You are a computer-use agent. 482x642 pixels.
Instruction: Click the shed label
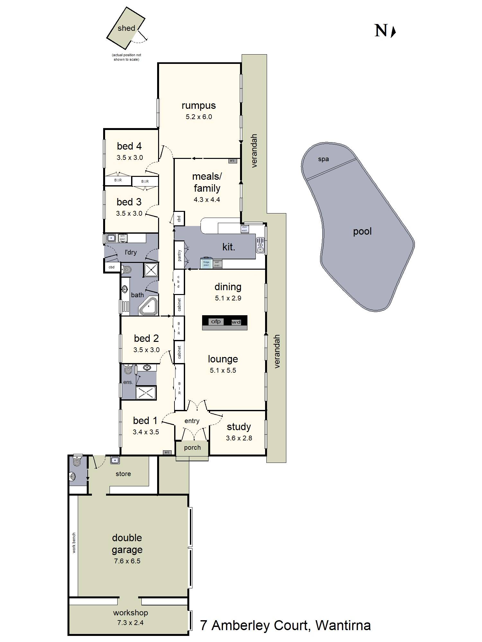click(126, 28)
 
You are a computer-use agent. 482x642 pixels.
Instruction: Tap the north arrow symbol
click(393, 31)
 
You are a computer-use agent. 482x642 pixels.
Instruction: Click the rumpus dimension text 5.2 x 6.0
click(199, 117)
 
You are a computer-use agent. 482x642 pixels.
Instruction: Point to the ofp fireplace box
click(216, 321)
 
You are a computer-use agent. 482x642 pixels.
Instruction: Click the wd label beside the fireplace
click(236, 322)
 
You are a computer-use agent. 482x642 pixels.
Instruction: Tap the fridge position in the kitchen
click(206, 263)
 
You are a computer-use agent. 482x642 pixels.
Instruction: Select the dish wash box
click(245, 229)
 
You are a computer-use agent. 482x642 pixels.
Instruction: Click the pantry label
click(179, 255)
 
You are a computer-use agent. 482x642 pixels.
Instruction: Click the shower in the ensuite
click(146, 393)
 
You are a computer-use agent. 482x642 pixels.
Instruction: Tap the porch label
click(192, 447)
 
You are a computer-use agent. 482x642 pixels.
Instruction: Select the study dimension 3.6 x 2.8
click(239, 438)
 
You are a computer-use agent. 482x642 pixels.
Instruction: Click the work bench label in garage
click(74, 543)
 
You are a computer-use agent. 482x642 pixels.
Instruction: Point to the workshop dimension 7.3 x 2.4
click(130, 622)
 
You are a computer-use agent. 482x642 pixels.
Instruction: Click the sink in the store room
click(115, 460)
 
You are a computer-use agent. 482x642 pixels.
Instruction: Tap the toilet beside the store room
click(77, 461)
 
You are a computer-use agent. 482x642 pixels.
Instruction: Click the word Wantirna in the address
click(343, 625)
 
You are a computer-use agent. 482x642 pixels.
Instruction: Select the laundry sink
click(111, 238)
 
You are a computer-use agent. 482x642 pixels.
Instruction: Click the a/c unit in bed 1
click(167, 452)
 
